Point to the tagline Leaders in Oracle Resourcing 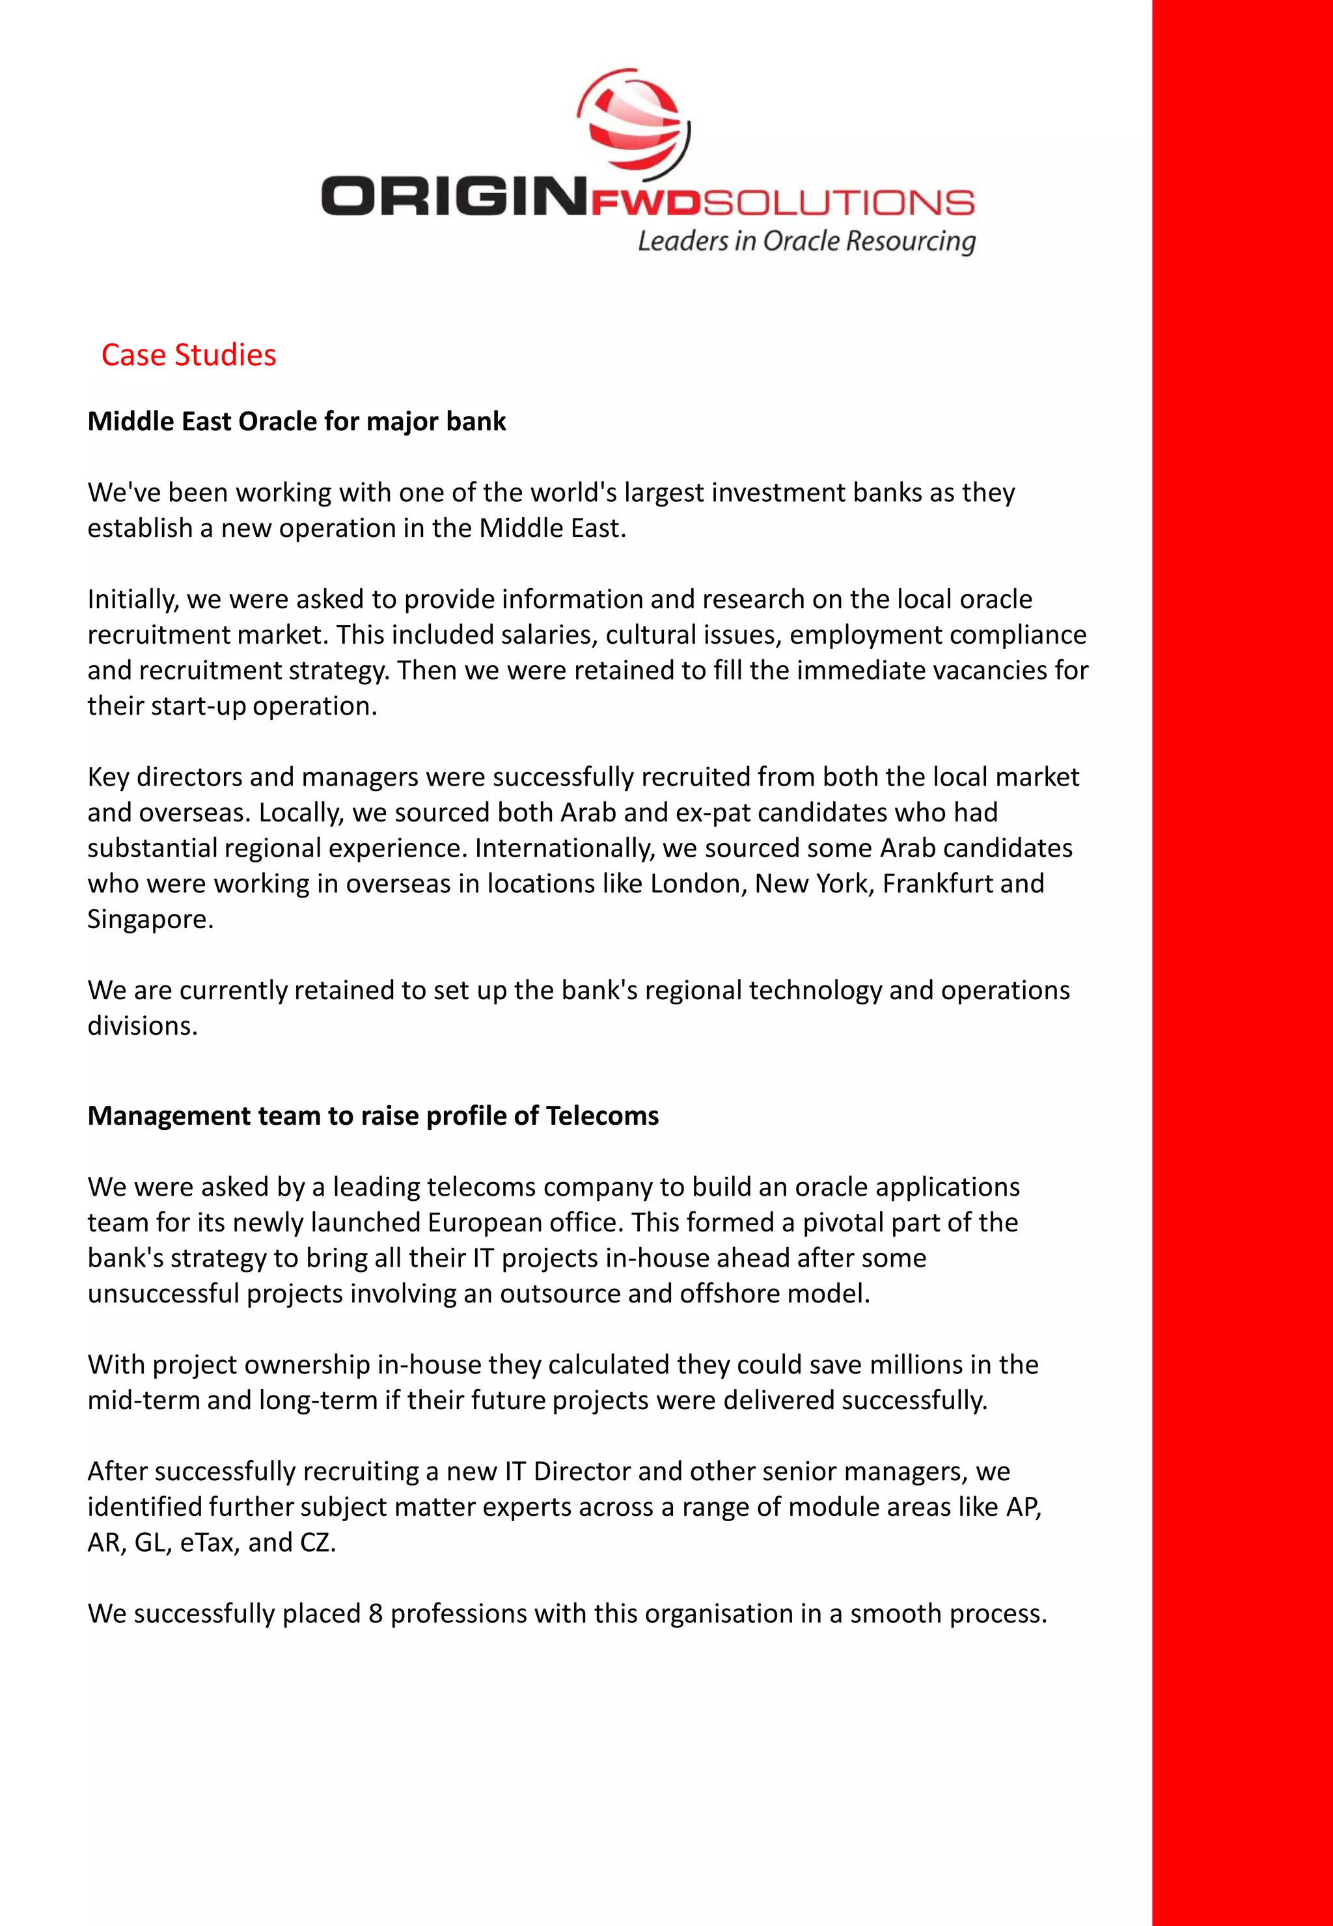806,241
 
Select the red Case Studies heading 188,355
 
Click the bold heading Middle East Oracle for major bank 297,421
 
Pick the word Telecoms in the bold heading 602,1116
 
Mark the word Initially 133,599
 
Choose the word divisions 142,1026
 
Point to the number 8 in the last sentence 375,1614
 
